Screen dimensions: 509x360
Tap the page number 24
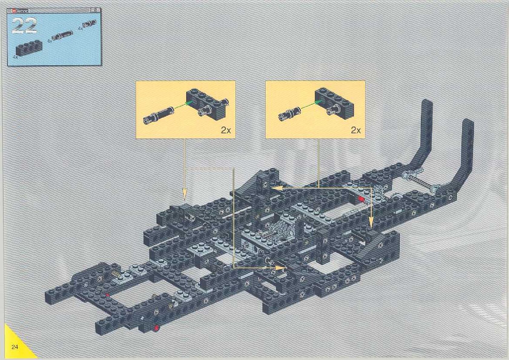click(15, 347)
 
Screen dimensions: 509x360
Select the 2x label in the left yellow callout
click(226, 130)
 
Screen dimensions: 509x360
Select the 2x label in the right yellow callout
click(356, 130)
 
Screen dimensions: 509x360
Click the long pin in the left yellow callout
click(158, 115)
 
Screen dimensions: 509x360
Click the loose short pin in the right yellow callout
click(289, 113)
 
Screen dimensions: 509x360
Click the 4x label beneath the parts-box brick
click(15, 57)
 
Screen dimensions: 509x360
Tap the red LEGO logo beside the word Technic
click(14, 11)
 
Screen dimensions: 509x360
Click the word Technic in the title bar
click(22, 11)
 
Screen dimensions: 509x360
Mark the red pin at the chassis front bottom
click(157, 327)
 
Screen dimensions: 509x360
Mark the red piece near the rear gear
click(361, 199)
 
